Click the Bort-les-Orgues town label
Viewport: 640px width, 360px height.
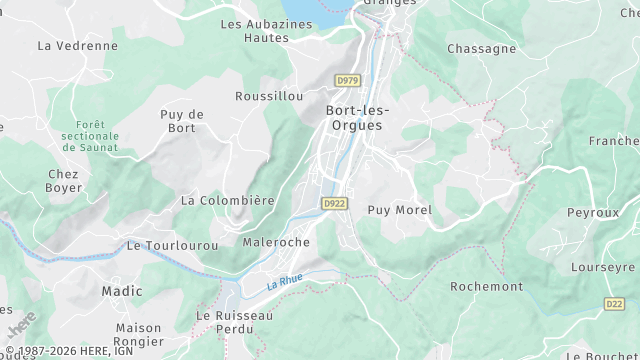[358, 117]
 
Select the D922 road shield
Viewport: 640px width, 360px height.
[334, 202]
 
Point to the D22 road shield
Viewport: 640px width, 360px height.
[614, 303]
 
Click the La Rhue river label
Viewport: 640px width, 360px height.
[285, 284]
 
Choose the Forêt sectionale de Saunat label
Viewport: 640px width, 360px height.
[89, 136]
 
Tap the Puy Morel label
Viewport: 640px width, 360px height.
[399, 210]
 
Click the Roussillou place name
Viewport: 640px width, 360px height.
[268, 96]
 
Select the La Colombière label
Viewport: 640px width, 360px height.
[227, 200]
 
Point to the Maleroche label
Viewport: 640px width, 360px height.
[276, 242]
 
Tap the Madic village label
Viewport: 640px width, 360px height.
[122, 291]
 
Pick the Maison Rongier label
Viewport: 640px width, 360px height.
[138, 334]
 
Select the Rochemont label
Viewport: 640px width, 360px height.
[486, 286]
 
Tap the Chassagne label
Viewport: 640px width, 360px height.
[482, 48]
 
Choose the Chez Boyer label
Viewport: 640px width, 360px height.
[64, 180]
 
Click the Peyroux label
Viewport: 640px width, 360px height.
[593, 213]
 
